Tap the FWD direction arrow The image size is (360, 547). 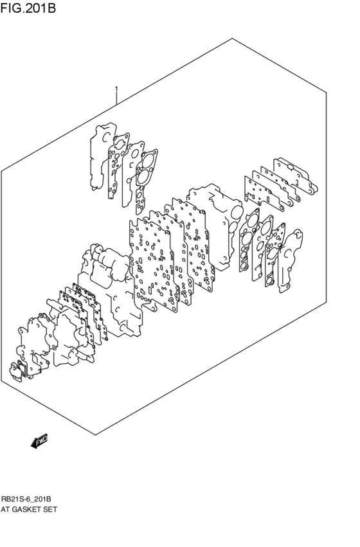(39, 441)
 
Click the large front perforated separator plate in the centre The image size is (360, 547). (151, 264)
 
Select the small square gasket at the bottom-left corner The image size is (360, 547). (15, 371)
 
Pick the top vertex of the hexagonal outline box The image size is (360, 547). (232, 39)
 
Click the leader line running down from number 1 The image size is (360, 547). (116, 100)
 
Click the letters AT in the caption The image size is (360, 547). (6, 509)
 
